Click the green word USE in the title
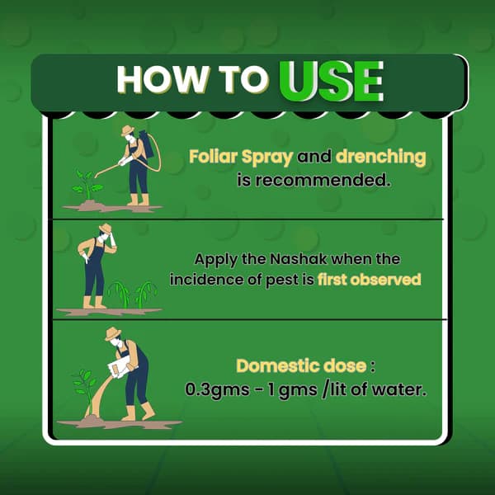tap(332, 81)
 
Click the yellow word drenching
tap(380, 158)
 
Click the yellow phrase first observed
tap(370, 280)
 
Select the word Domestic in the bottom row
tap(279, 366)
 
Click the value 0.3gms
tap(217, 390)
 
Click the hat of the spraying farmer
tap(128, 130)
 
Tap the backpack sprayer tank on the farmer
tap(146, 144)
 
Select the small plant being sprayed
tap(87, 186)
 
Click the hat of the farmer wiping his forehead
tap(106, 229)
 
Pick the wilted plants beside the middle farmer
tap(133, 295)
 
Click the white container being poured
tap(120, 366)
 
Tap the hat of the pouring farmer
tap(113, 333)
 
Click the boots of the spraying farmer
tap(138, 200)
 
